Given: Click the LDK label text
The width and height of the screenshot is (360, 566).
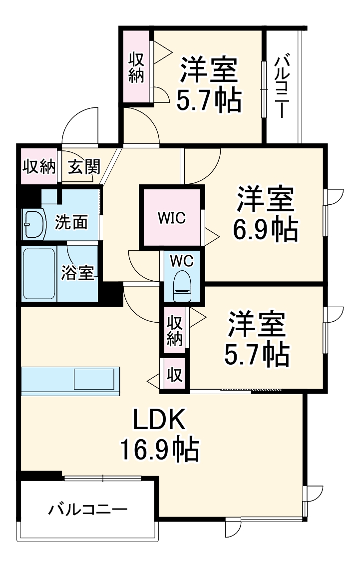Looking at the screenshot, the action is [159, 420].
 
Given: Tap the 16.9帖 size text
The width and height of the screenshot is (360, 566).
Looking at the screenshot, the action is [159, 449].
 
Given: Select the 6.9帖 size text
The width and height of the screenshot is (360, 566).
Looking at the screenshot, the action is [266, 230].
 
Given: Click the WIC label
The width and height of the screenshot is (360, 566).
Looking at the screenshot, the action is [172, 218].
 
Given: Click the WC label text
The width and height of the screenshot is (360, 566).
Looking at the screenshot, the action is [182, 261].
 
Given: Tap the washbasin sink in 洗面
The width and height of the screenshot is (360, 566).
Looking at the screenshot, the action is [34, 224].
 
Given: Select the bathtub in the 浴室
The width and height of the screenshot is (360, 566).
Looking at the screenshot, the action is [39, 274].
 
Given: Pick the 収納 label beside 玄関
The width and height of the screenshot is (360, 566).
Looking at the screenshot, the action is [39, 167].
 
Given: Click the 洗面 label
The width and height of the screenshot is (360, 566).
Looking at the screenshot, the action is [71, 222].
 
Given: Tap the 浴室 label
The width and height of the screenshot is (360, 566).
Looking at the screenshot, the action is [77, 273].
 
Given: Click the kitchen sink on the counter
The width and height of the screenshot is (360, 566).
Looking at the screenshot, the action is [94, 379].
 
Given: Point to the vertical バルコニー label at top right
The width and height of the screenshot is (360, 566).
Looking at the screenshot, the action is [282, 86].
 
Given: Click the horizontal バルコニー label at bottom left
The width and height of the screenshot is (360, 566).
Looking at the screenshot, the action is [88, 510].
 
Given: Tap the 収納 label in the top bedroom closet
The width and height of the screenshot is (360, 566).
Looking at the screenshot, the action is [136, 67].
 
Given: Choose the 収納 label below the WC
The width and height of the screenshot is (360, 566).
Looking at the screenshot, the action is [175, 331].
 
